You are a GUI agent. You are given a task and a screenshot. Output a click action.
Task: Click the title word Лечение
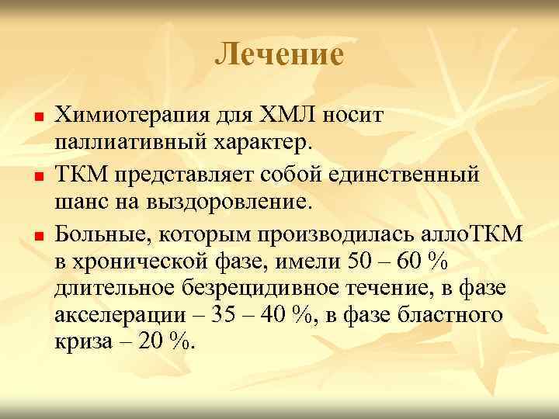coord(279,55)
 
